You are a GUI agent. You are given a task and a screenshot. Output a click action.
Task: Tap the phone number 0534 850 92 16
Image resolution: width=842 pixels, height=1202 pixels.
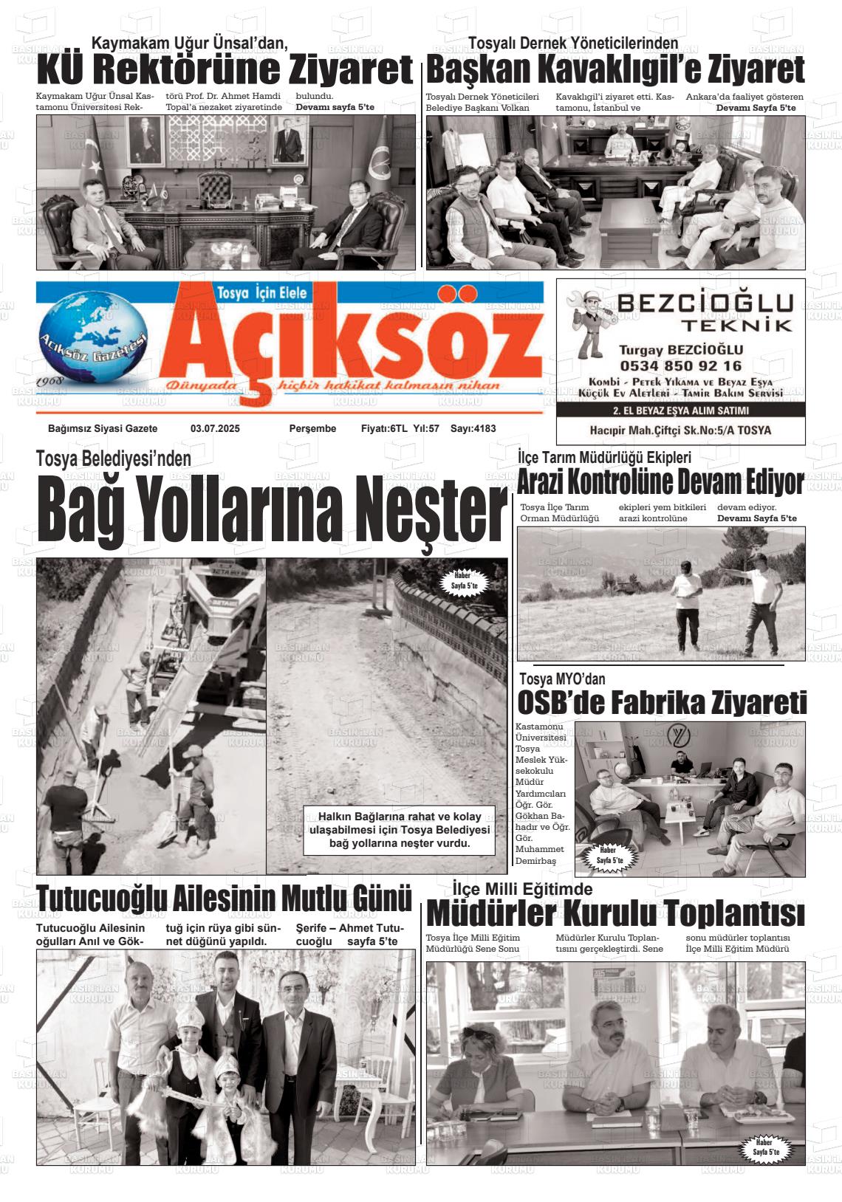[x=680, y=365]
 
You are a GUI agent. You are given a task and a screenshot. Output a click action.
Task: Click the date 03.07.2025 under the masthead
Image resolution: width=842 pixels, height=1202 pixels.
[x=215, y=429]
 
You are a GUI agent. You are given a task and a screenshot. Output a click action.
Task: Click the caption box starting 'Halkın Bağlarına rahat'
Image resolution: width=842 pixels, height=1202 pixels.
[x=399, y=830]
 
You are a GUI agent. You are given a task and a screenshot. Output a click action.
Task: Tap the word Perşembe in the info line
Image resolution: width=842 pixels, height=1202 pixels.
[x=312, y=429]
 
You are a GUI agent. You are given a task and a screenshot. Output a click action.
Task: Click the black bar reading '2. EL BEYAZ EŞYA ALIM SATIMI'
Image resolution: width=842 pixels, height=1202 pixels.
[x=680, y=411]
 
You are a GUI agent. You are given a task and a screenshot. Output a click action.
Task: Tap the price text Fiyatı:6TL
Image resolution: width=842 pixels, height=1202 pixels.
[x=384, y=429]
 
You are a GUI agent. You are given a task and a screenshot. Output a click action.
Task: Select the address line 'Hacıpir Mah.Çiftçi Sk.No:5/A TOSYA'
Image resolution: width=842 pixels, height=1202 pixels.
[x=680, y=430]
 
